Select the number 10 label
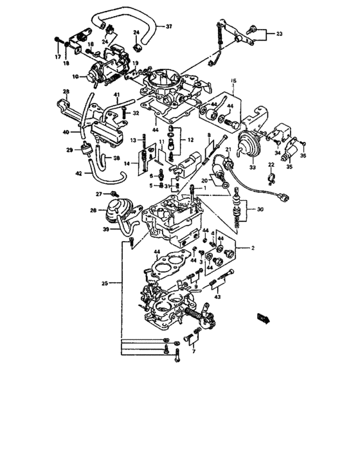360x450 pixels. (74, 76)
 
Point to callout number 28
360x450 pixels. (66, 93)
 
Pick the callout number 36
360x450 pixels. (303, 155)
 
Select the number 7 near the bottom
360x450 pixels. (192, 352)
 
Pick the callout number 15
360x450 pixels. (234, 82)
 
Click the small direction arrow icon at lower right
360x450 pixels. (264, 316)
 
